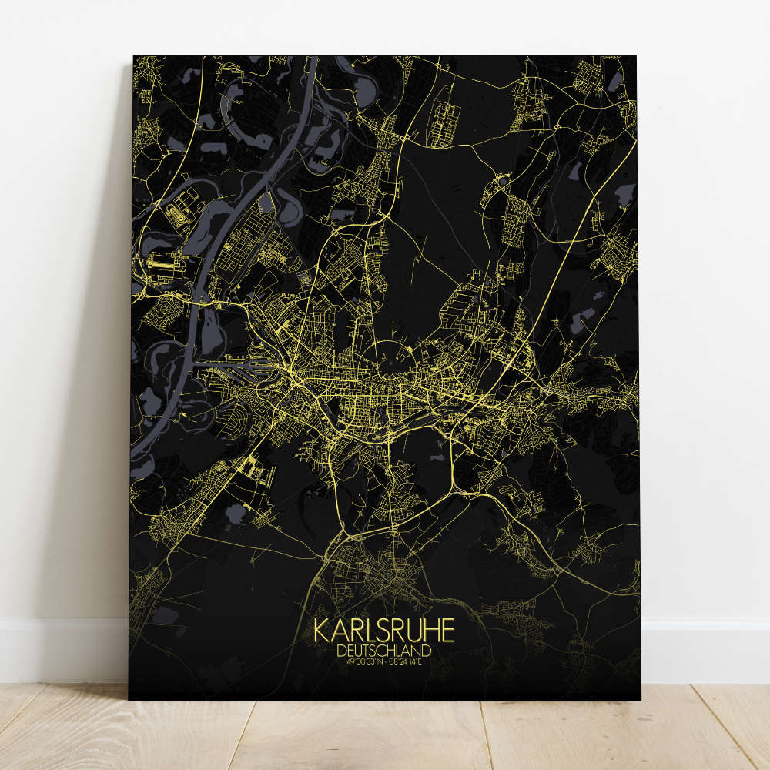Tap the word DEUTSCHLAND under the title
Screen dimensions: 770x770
pos(384,651)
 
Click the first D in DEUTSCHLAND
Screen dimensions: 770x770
pos(342,651)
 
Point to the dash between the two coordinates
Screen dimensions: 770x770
pos(386,661)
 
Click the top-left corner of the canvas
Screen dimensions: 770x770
pos(133,56)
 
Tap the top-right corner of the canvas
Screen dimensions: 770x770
pos(636,56)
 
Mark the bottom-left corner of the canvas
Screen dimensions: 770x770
pos(129,699)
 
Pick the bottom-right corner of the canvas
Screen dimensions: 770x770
pos(640,699)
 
